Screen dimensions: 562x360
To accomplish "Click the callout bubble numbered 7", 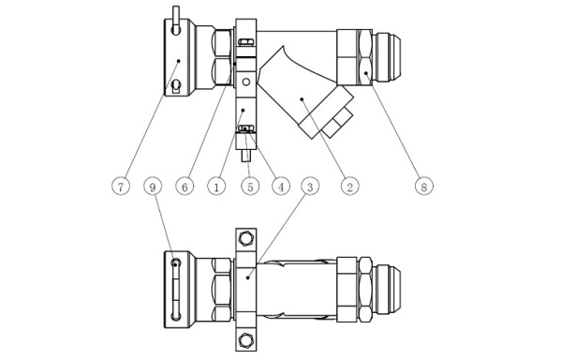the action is tap(121, 187).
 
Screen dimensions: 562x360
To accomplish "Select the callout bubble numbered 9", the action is tap(153, 187).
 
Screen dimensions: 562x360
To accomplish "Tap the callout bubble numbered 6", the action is tap(185, 187).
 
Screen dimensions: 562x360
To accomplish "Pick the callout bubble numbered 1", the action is tap(216, 187).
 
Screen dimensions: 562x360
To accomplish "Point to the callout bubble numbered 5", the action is tap(250, 187).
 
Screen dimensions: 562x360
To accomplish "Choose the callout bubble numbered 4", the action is tap(281, 187).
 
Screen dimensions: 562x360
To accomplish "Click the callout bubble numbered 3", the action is tap(310, 187).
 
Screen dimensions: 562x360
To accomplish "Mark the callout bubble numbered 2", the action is tap(349, 187).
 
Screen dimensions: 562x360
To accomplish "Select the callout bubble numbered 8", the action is tap(424, 187).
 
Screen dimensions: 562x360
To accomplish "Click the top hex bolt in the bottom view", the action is tap(246, 238).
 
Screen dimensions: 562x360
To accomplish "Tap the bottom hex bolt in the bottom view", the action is tap(246, 340).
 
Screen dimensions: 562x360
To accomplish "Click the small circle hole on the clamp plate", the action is tap(245, 82).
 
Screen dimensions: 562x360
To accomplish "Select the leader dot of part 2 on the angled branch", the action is tap(302, 99).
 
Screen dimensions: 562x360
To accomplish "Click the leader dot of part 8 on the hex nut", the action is tap(366, 73).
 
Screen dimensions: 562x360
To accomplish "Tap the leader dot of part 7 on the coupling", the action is tap(179, 61).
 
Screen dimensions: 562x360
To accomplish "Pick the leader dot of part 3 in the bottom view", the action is tap(248, 277).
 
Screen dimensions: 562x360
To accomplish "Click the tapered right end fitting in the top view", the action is tap(387, 58).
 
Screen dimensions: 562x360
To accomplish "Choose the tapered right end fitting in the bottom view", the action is tap(387, 290).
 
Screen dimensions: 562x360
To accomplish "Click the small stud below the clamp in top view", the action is tap(245, 156).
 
